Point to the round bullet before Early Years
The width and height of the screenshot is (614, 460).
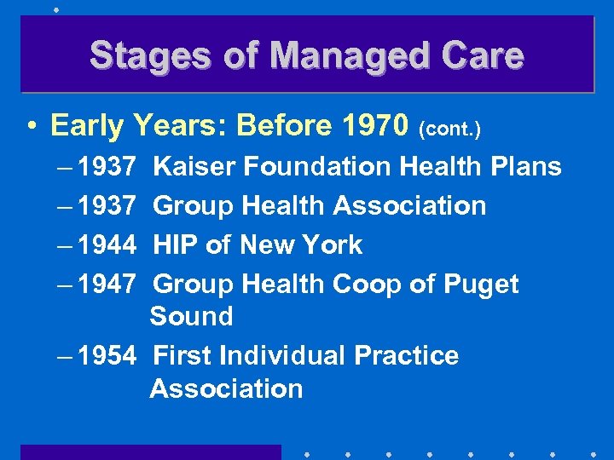point(31,127)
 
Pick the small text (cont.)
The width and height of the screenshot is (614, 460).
point(450,129)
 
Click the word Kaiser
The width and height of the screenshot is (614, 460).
point(194,166)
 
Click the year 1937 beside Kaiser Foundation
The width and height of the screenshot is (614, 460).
point(106,166)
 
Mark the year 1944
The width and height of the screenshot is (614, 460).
point(106,245)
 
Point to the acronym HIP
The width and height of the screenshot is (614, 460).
point(176,245)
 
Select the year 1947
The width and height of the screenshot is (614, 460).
point(106,285)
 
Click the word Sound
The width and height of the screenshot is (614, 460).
point(191,316)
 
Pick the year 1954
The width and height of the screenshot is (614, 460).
point(106,355)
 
